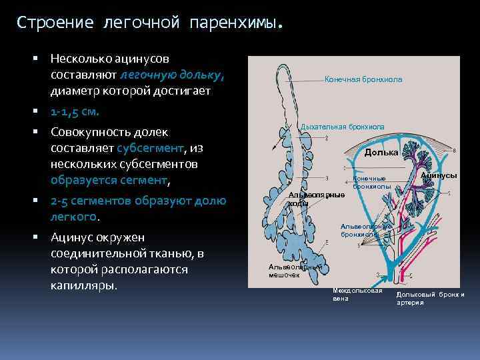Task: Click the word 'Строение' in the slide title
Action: click(x=56, y=23)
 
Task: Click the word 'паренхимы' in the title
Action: click(x=232, y=23)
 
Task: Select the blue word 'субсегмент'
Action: click(x=150, y=148)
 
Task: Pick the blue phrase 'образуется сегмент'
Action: click(x=109, y=180)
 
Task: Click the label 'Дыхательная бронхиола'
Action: click(x=343, y=126)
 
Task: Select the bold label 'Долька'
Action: click(x=381, y=152)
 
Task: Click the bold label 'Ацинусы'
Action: click(x=438, y=175)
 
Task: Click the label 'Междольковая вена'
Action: click(x=357, y=294)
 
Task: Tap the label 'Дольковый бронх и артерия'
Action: click(x=430, y=298)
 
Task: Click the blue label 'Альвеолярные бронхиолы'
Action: click(x=365, y=230)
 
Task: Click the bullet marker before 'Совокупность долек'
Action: click(x=42, y=131)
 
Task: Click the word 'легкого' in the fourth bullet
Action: click(x=74, y=217)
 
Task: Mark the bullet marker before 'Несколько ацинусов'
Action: click(x=42, y=59)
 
